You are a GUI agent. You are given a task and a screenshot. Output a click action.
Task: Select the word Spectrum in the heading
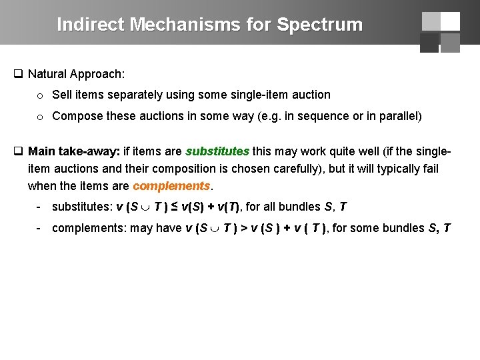point(319,25)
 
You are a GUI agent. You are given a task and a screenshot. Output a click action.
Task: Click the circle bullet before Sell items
point(40,95)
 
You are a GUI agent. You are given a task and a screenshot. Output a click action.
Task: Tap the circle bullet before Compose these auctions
point(40,117)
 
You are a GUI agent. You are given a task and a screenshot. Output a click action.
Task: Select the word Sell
point(62,95)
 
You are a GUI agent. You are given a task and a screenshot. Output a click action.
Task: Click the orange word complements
point(171,185)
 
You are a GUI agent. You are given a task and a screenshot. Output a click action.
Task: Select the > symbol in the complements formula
point(245,228)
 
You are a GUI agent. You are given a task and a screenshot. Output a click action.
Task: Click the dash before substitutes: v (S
point(40,207)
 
